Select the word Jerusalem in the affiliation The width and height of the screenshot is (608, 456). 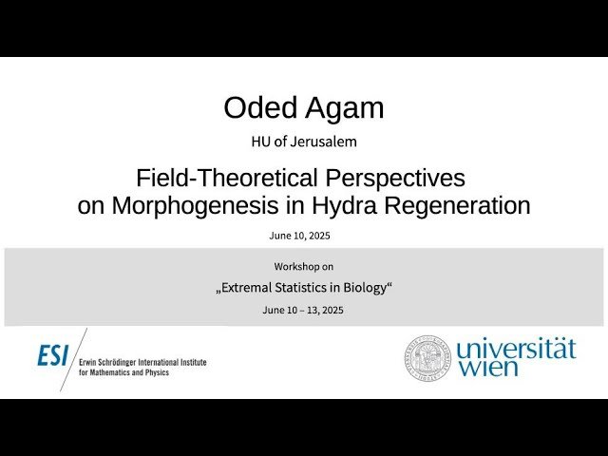pos(331,142)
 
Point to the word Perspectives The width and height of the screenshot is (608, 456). pos(398,178)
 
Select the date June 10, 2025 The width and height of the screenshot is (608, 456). pos(304,235)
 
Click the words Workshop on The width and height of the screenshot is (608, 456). pos(304,266)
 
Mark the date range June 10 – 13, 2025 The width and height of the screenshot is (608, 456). pos(304,311)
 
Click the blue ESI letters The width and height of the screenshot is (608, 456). pos(53,355)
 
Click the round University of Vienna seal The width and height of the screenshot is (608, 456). pos(427,357)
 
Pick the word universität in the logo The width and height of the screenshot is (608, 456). pos(516,349)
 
